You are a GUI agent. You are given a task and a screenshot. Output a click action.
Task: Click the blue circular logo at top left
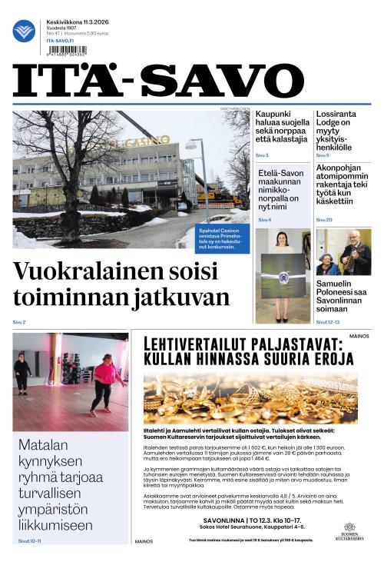point(24,31)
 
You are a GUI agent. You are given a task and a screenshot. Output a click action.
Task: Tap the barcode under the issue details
point(66,52)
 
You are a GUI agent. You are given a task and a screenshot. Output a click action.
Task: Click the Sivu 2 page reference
point(19,322)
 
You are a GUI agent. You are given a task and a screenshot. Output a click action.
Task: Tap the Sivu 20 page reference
point(324,220)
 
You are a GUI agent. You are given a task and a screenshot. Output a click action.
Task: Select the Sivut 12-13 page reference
point(327,322)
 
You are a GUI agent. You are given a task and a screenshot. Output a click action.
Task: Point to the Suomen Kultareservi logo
point(350,532)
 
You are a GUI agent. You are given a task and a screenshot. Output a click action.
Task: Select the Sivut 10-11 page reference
point(29,541)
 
